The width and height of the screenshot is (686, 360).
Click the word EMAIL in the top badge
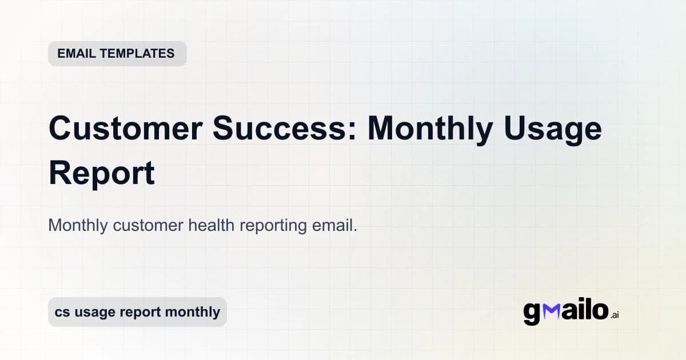[77, 54]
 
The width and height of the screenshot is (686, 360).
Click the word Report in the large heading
[102, 174]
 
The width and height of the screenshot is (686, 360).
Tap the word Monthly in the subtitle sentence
[78, 225]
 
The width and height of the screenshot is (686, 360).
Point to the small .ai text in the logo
[615, 315]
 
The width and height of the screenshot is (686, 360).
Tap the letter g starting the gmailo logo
[532, 313]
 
